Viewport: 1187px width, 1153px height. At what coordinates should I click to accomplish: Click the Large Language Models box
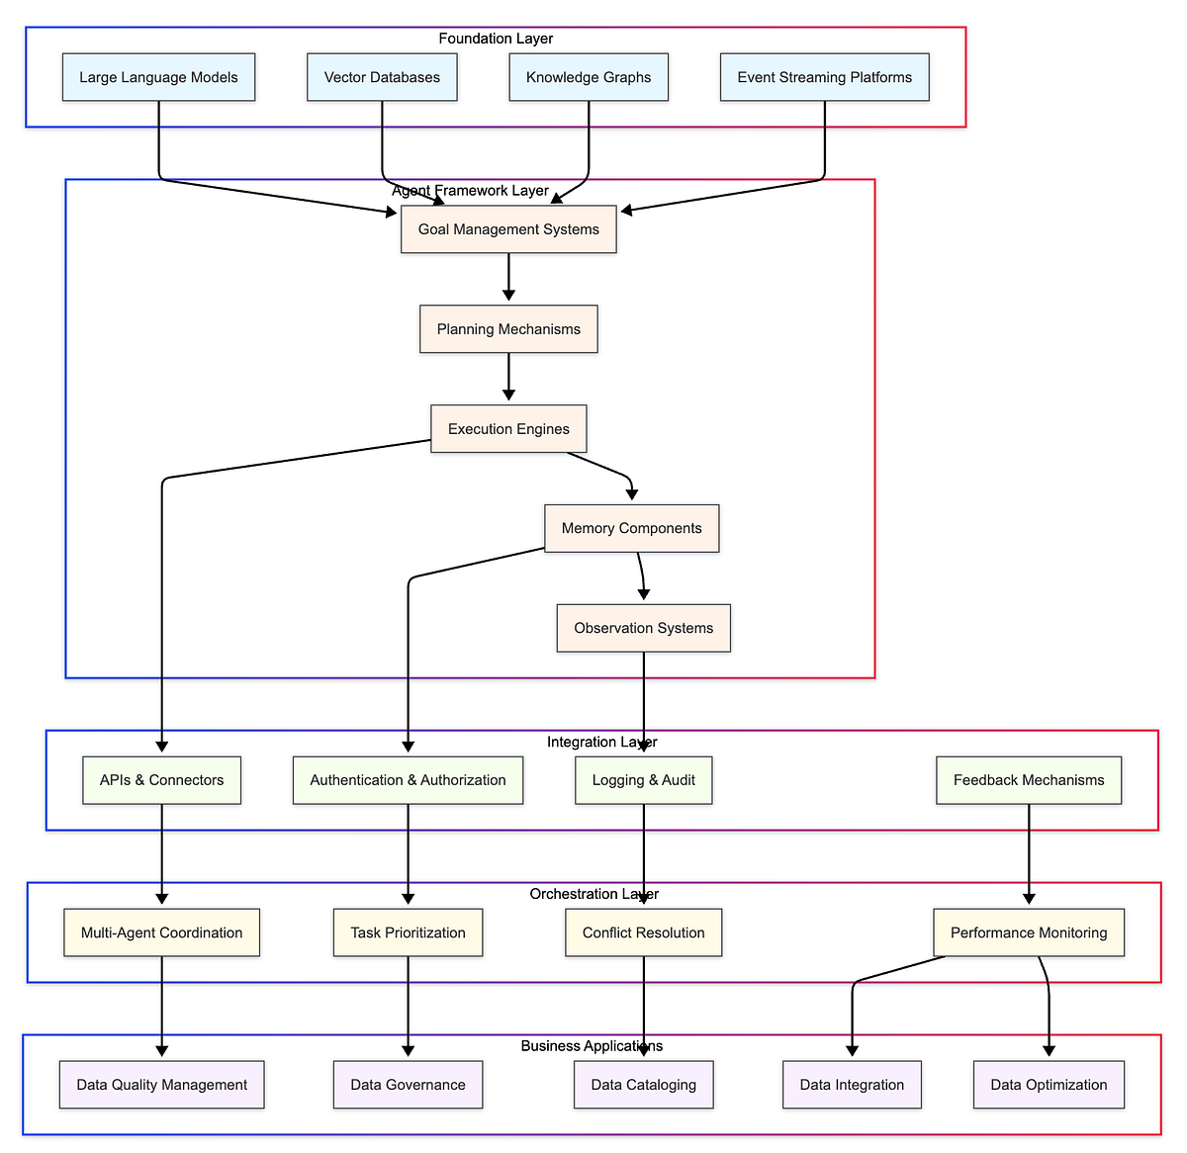158,77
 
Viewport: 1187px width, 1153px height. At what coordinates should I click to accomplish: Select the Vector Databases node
382,77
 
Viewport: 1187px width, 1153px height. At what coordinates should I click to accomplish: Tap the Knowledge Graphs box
589,77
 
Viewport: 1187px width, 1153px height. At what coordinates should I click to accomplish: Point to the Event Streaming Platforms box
825,77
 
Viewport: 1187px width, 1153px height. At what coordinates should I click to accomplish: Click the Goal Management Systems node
508,229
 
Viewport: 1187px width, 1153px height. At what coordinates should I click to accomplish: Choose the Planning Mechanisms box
508,329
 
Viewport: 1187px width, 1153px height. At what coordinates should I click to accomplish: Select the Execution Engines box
508,428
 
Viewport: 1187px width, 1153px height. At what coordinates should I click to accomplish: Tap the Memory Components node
632,529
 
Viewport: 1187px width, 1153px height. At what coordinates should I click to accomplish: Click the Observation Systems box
644,628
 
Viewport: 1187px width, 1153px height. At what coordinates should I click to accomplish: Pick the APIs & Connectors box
161,780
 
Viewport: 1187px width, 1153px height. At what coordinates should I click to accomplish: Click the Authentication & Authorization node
409,780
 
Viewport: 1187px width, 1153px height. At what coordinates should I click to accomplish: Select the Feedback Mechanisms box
1029,780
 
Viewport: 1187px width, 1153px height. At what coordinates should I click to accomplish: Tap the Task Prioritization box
409,932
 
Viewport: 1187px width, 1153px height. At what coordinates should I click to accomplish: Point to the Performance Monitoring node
1029,932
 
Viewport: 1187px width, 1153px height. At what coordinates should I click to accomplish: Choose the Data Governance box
409,1085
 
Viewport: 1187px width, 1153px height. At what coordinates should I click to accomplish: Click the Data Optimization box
1050,1085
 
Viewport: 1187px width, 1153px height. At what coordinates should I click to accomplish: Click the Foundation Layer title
496,39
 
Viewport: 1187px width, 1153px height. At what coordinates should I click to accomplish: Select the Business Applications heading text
592,1045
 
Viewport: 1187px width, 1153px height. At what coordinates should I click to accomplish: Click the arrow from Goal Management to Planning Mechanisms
508,277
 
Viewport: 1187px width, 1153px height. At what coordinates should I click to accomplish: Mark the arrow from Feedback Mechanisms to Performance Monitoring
1029,854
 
